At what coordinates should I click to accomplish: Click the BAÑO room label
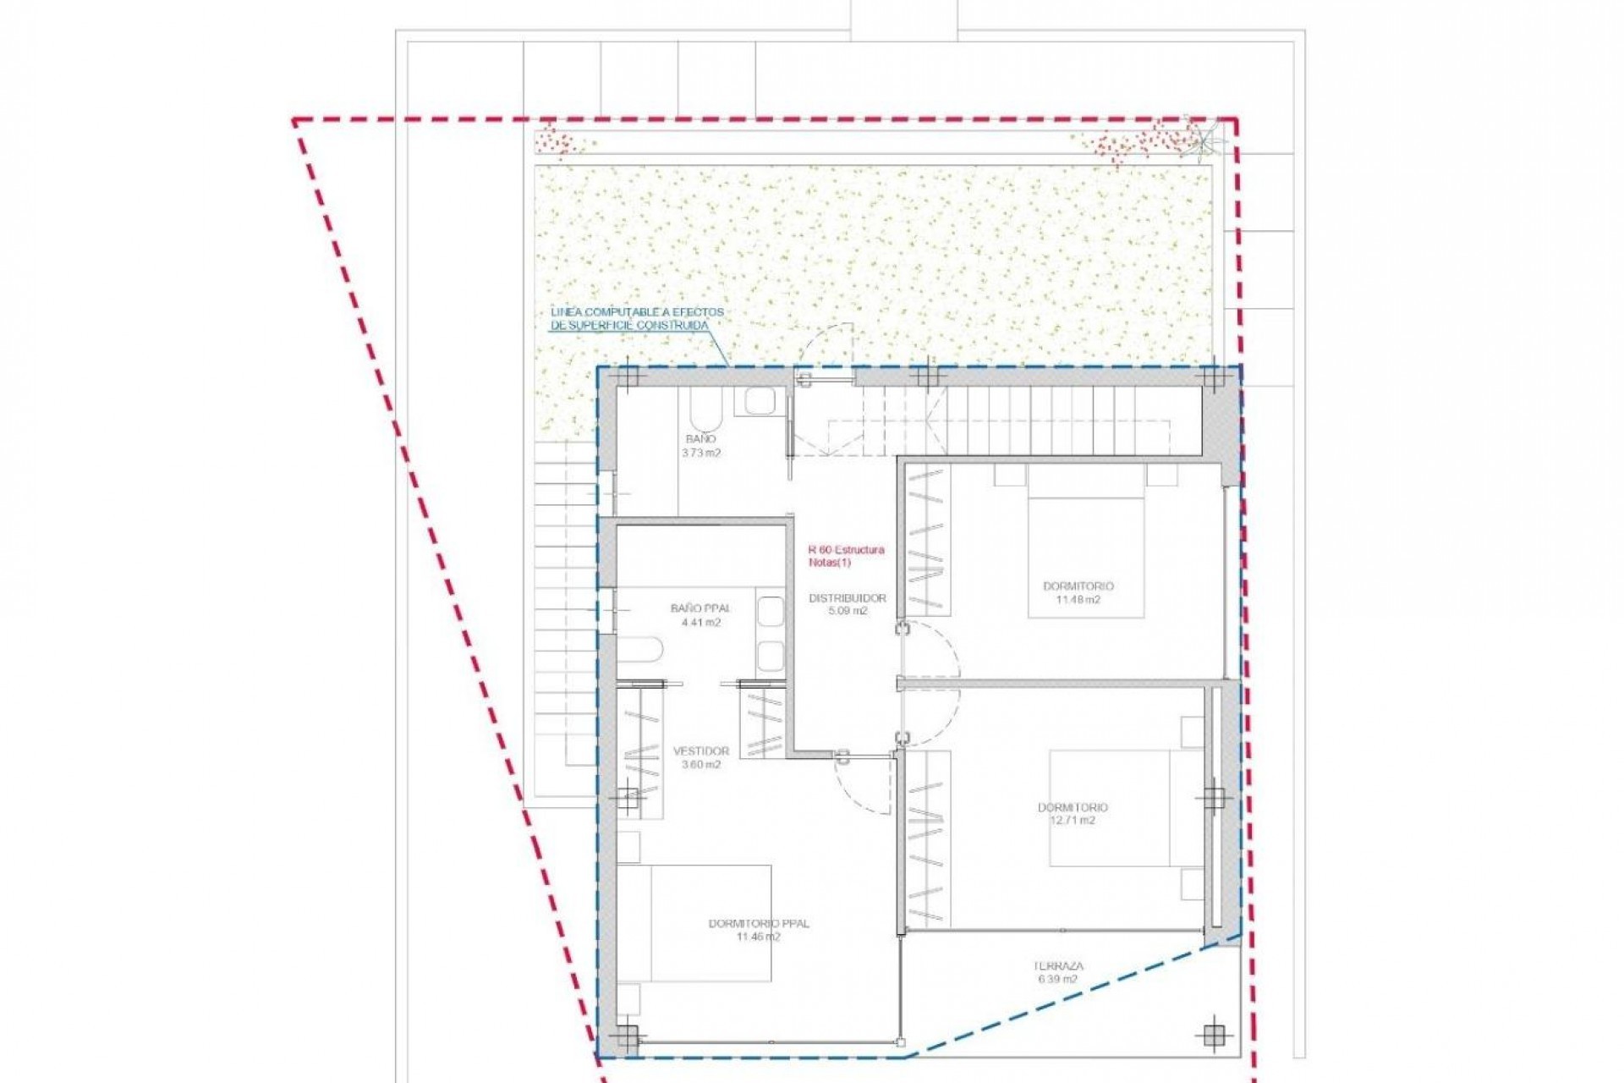[701, 439]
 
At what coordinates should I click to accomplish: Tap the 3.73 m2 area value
[701, 454]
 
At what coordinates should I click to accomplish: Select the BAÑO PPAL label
[700, 608]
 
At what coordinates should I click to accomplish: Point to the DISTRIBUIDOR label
[848, 598]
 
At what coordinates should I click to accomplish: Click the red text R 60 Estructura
[847, 550]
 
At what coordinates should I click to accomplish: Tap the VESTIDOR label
[701, 751]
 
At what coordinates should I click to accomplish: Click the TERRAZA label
[1057, 965]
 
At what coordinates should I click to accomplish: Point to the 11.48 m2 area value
[1078, 600]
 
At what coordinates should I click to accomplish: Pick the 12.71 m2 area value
[1073, 821]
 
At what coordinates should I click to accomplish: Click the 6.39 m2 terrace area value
[1057, 980]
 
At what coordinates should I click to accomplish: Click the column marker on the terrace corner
[1214, 1034]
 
